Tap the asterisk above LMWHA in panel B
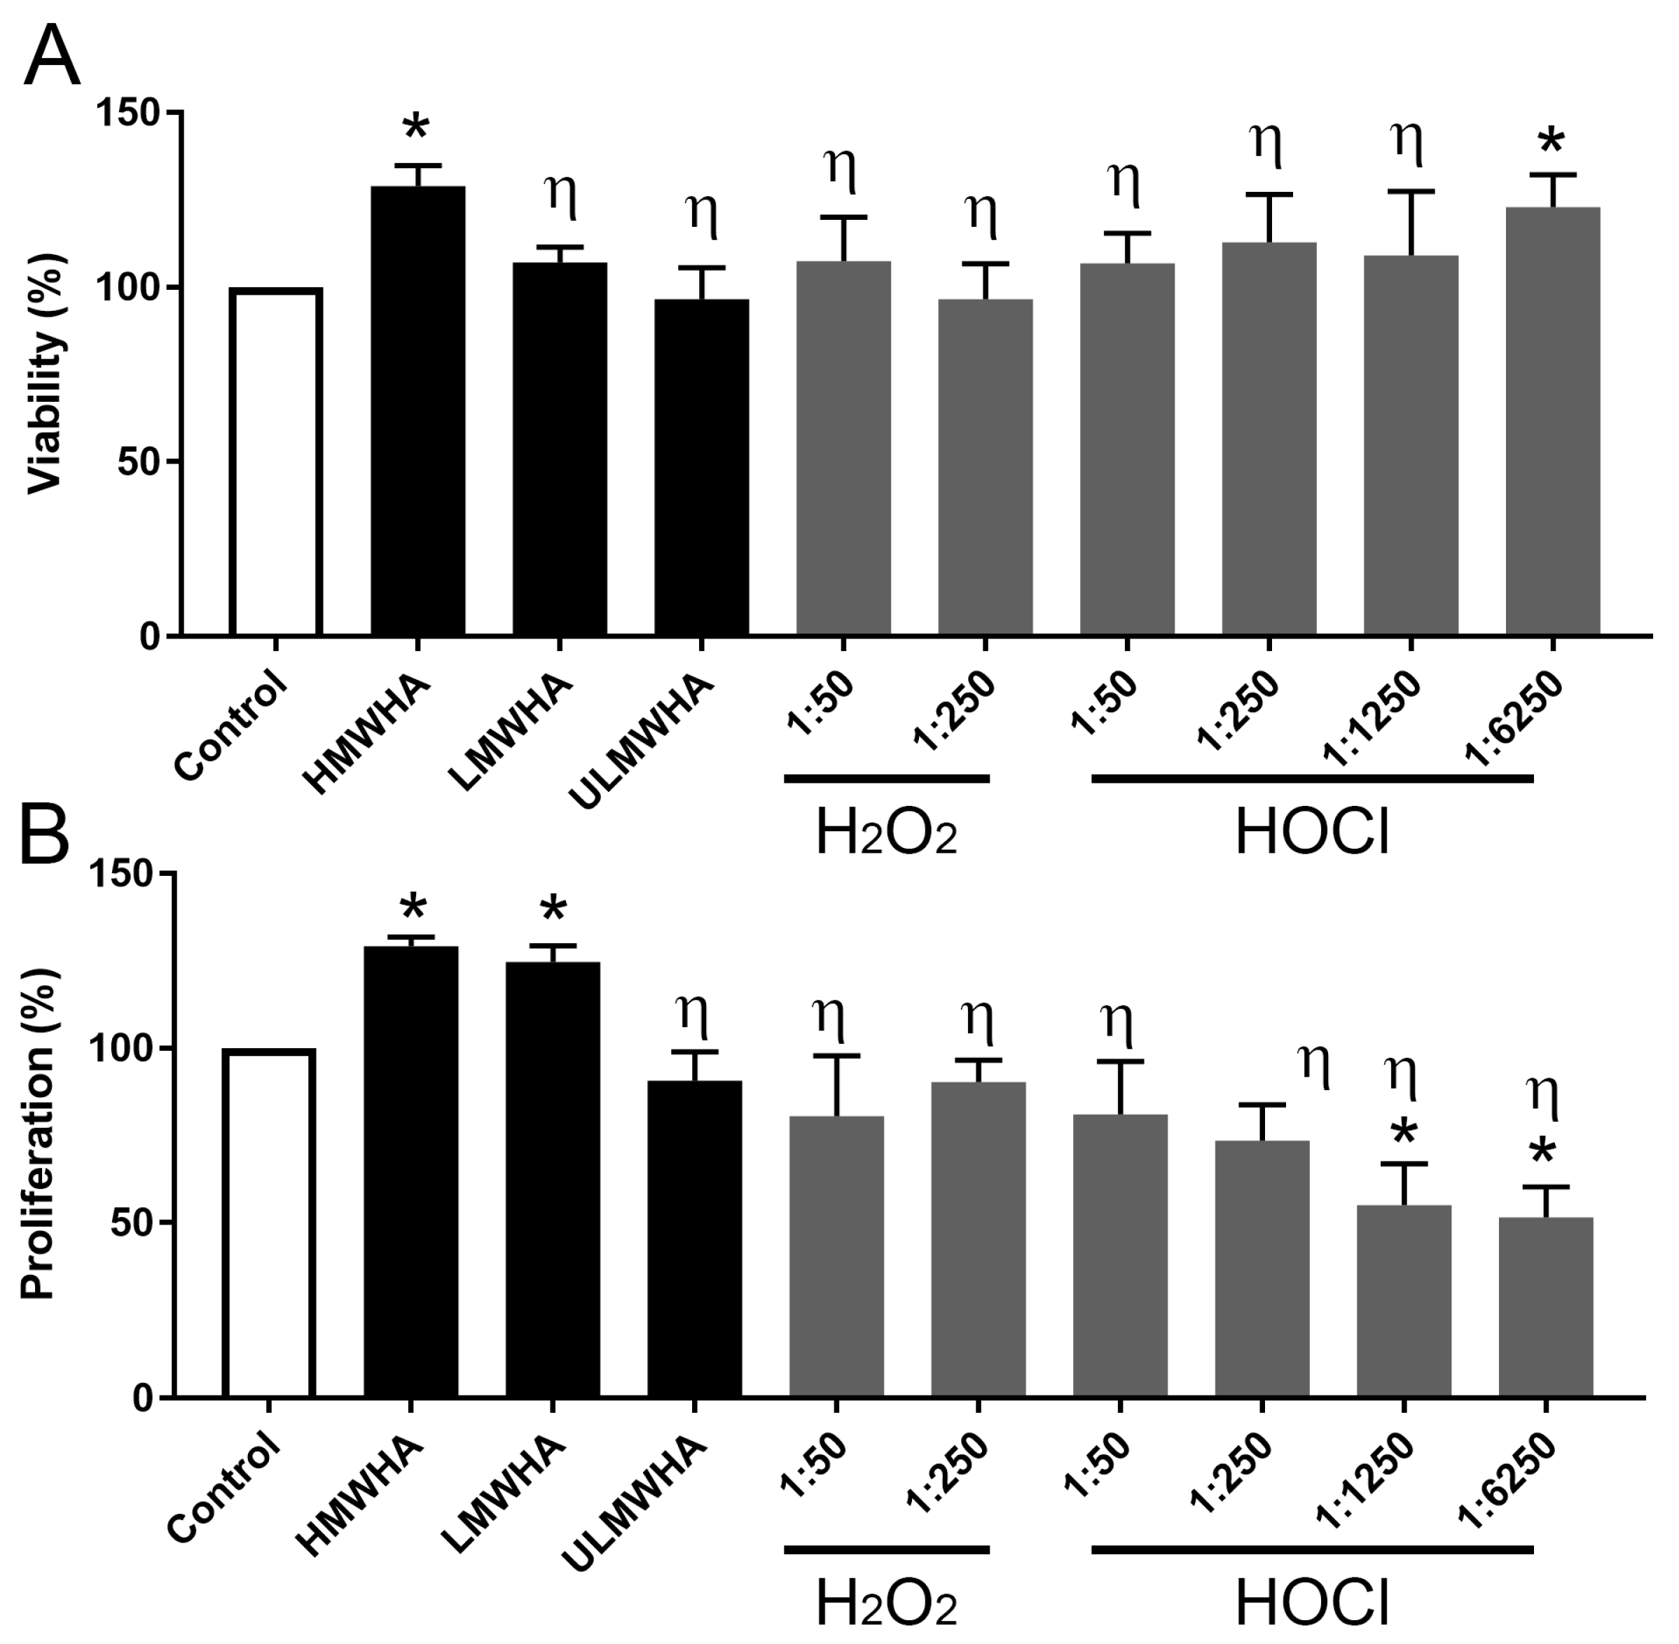553,910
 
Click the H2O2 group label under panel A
886,835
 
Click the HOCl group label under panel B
1312,1604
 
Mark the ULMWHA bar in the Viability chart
701,467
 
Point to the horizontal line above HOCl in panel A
1312,779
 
